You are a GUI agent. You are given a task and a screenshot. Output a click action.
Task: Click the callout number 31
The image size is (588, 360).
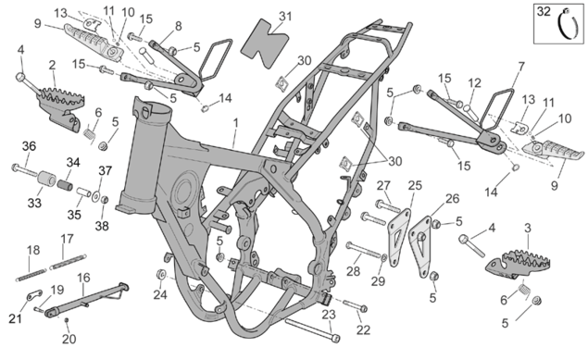click(285, 17)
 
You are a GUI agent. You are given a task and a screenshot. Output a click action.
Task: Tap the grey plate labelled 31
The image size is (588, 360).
click(264, 43)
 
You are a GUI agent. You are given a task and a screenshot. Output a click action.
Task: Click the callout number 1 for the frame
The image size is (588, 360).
click(235, 123)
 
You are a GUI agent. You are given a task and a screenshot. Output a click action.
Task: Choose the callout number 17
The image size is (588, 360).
click(67, 239)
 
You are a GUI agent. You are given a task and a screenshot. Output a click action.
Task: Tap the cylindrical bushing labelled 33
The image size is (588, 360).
click(46, 178)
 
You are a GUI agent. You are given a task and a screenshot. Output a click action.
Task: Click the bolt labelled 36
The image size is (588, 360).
click(25, 170)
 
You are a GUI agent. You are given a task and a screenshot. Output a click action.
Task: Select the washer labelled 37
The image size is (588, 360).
click(95, 196)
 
